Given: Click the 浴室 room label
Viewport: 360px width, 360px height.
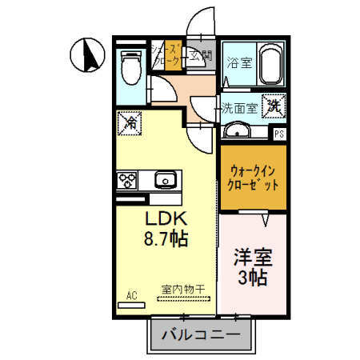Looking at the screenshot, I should coord(238,62).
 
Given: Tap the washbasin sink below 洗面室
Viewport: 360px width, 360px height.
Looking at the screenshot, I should coord(237,131).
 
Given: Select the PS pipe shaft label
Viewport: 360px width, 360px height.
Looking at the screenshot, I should coord(279,134).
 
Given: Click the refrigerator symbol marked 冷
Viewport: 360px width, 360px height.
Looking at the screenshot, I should coord(130,122).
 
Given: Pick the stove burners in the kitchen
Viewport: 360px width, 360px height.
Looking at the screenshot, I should coord(128,180).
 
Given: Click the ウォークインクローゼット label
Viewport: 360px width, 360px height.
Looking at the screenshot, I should coord(254,177).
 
